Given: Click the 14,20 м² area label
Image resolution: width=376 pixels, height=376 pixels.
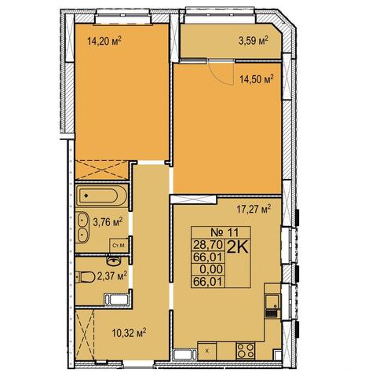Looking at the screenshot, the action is pyautogui.click(x=104, y=41).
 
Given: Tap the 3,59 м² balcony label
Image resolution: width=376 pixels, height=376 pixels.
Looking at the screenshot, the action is pyautogui.click(x=254, y=41).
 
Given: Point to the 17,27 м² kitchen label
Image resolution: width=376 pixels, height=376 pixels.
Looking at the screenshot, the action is pyautogui.click(x=254, y=210).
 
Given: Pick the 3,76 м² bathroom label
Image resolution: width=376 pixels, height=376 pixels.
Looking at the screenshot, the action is pyautogui.click(x=108, y=223).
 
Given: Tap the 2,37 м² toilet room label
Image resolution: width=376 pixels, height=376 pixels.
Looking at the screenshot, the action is pyautogui.click(x=112, y=276).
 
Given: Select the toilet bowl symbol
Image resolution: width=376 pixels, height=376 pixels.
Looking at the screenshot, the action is pyautogui.click(x=86, y=277).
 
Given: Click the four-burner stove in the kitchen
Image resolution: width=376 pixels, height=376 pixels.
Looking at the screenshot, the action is pyautogui.click(x=246, y=351).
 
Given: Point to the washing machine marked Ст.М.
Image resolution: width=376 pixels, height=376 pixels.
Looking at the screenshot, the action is pyautogui.click(x=119, y=246).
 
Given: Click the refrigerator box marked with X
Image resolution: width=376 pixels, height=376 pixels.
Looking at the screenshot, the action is pyautogui.click(x=207, y=351).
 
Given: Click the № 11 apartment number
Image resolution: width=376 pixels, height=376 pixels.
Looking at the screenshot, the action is pyautogui.click(x=225, y=232).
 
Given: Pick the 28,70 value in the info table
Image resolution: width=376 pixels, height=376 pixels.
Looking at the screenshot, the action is pyautogui.click(x=208, y=245).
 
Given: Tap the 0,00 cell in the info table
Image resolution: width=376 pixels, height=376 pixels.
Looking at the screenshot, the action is pyautogui.click(x=211, y=269).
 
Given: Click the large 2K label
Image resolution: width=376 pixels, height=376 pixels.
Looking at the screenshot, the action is pyautogui.click(x=237, y=247).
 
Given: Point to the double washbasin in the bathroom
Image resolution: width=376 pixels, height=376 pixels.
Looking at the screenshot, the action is pyautogui.click(x=83, y=228).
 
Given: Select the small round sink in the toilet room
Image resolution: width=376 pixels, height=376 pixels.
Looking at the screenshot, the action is pyautogui.click(x=114, y=261).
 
